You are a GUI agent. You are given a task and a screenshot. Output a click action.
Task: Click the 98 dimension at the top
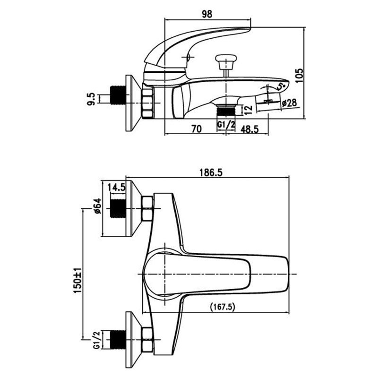coord(207,14)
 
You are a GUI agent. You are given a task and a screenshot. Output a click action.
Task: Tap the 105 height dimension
coord(300,76)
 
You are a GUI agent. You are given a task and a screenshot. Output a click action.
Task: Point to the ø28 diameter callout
coord(289,103)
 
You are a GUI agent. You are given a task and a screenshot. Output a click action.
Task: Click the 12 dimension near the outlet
coord(249,110)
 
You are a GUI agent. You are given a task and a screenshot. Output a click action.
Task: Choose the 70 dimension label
coord(197,129)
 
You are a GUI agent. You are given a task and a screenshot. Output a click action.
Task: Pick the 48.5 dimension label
coord(249,129)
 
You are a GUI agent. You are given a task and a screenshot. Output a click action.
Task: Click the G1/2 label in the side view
coord(226,124)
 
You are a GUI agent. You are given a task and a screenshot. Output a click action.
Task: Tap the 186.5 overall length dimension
coord(207,172)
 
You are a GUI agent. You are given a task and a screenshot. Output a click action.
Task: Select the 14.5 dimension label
coord(117,187)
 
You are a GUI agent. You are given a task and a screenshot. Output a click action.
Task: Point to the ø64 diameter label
coord(98,206)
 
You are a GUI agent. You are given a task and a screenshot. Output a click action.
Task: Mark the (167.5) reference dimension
coord(223,307)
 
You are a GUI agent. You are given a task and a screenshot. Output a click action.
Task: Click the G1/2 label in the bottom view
coord(97,340)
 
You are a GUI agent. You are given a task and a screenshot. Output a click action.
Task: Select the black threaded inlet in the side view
coord(118,95)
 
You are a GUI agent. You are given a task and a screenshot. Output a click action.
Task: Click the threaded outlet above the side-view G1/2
coord(226,110)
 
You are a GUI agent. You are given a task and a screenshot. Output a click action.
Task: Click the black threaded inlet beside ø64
coord(118,208)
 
